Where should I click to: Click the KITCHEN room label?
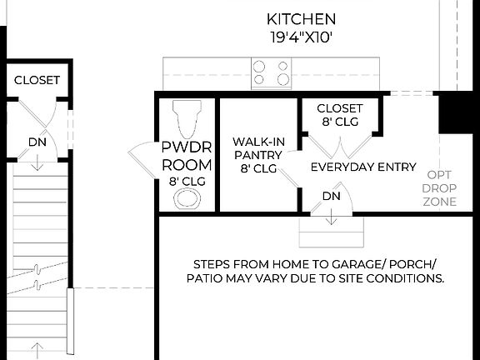coord(301,18)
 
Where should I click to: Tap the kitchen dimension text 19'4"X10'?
coord(301,37)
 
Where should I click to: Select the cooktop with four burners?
coord(271,72)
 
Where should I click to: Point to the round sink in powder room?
coord(187,198)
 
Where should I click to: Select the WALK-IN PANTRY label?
coord(258,154)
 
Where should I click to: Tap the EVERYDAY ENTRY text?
coord(363,167)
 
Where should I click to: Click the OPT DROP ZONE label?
coord(439,188)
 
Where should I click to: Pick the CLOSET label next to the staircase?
coord(37,80)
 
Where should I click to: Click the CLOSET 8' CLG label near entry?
coord(340,115)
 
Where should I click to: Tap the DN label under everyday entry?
coord(332,197)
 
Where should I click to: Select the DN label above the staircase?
coord(37,142)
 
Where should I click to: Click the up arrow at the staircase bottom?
coord(37,348)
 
